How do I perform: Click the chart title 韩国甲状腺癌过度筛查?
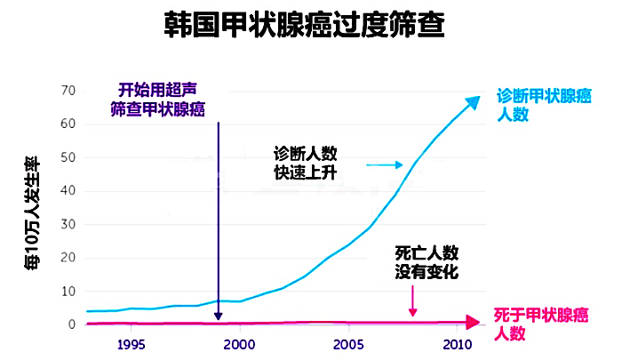[304, 25]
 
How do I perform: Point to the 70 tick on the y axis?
[68, 91]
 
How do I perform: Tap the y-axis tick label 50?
[68, 157]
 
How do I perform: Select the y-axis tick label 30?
[68, 224]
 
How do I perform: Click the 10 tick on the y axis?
[68, 291]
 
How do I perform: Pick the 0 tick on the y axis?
[72, 324]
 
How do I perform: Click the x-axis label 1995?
[131, 345]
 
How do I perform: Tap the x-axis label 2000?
[239, 345]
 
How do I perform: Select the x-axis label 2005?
[348, 345]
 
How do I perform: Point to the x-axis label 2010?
[458, 345]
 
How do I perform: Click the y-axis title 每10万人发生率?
[32, 213]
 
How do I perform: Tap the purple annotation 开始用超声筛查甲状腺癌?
[158, 100]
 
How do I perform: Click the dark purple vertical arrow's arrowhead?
[218, 316]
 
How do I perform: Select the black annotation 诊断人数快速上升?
[305, 164]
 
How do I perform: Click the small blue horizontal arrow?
[385, 164]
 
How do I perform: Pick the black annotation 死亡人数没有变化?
[427, 262]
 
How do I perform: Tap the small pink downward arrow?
[412, 300]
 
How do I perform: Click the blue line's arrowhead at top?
[474, 102]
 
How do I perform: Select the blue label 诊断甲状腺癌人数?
[544, 105]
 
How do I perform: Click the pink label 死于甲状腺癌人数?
[541, 324]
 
